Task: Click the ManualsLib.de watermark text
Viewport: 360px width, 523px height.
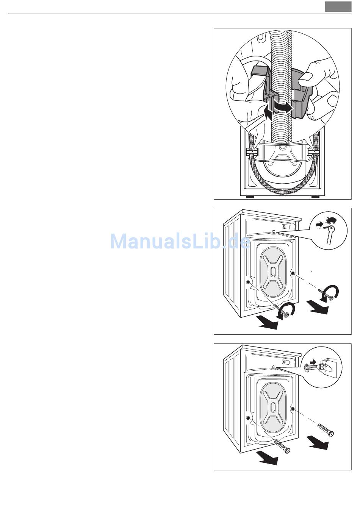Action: point(180,241)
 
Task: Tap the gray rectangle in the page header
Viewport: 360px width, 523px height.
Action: point(338,7)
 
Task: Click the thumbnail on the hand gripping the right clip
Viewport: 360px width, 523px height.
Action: point(306,77)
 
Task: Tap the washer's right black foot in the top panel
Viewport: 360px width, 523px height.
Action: point(315,197)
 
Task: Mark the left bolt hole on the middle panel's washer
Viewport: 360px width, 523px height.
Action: point(248,282)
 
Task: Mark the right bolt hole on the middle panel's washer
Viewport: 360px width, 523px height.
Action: point(292,273)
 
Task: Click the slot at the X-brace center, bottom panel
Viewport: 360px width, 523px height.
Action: point(273,407)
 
